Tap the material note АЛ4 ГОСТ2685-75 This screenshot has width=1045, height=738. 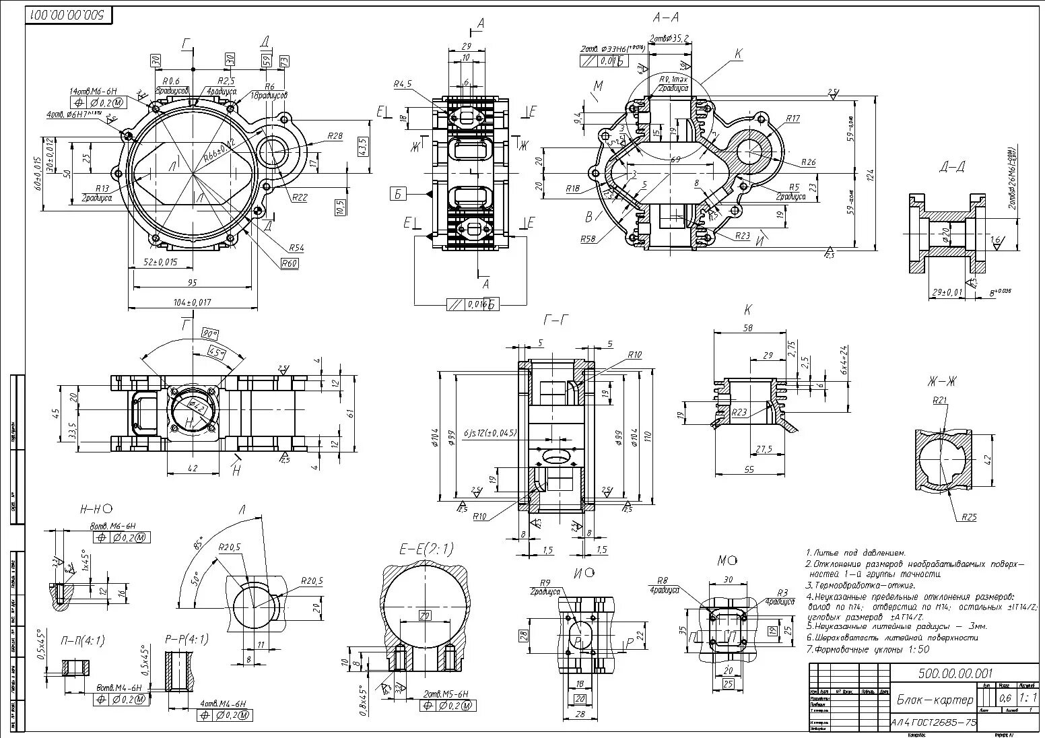pos(933,723)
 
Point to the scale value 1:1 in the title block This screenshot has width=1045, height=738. pos(1027,698)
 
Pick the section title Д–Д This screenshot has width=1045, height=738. pos(951,167)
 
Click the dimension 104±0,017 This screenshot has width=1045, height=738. pos(191,303)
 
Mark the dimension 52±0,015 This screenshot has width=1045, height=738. pos(160,263)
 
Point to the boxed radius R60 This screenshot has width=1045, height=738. pos(290,264)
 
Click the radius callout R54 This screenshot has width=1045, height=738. pos(297,248)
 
